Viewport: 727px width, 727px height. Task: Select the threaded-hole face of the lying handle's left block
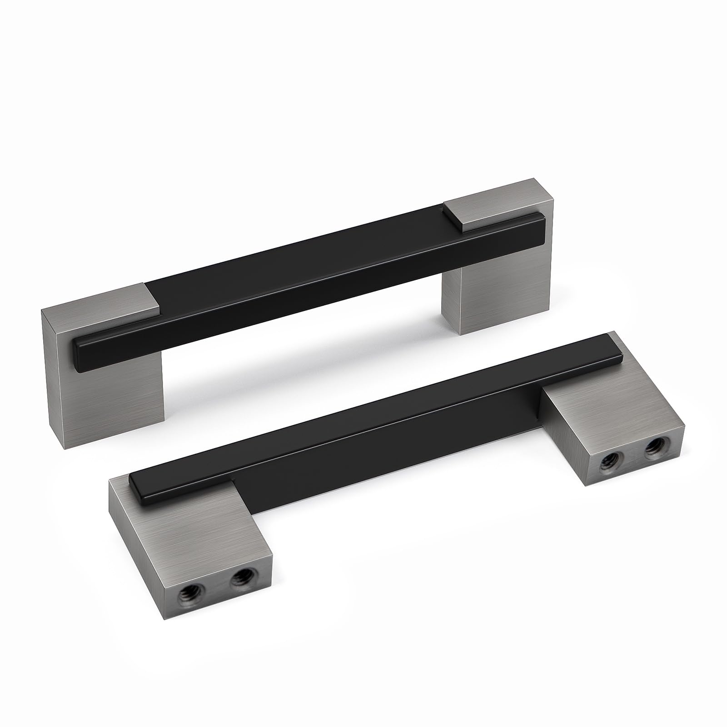coord(214,636)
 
